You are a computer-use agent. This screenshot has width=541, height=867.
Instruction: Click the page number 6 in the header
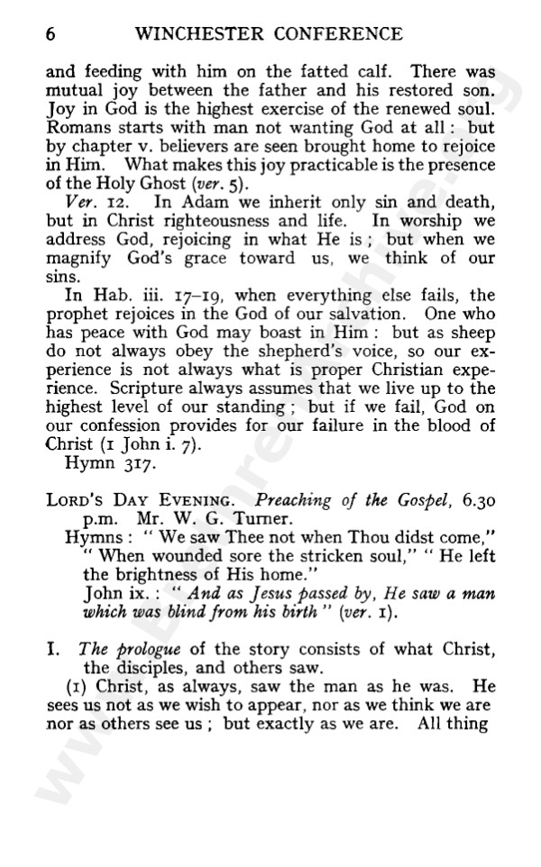(50, 35)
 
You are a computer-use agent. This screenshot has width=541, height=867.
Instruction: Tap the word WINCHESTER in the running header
(194, 35)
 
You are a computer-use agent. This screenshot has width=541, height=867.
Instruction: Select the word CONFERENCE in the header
(335, 35)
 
